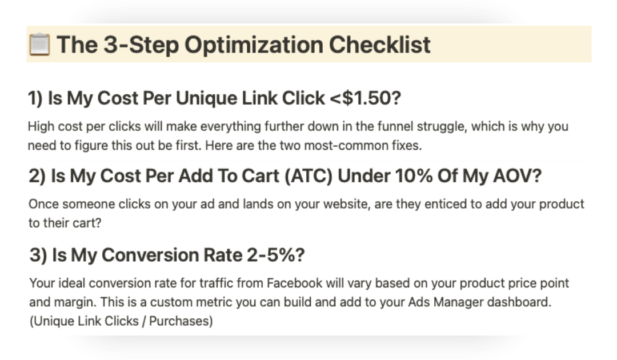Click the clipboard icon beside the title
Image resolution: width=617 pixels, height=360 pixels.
coord(39,45)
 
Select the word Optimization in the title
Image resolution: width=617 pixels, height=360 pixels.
coord(254,45)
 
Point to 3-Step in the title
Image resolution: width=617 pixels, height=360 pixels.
coord(141,45)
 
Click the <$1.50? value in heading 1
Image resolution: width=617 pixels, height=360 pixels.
coord(365,98)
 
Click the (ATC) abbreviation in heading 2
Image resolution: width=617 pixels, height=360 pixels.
coord(308,176)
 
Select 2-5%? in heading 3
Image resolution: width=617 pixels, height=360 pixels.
coord(276,255)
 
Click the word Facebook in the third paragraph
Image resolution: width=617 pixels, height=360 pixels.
coord(295,283)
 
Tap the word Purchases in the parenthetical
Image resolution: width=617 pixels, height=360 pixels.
coord(181,321)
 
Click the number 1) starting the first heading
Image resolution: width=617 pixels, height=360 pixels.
coord(35,98)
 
